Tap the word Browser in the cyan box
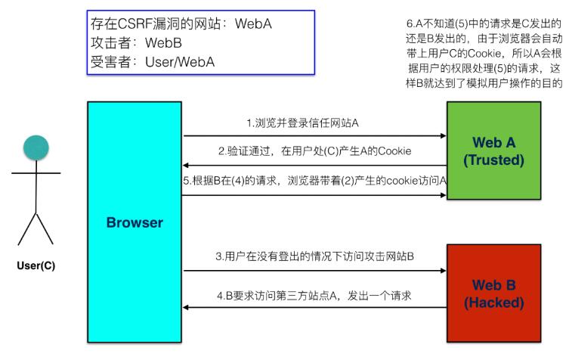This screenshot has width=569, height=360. pos(135,222)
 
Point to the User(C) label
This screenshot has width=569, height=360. pos(36,265)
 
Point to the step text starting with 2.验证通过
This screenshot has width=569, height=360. pos(315,151)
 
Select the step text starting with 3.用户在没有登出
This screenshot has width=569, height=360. pos(315,256)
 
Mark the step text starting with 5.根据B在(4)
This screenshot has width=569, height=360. pos(315,181)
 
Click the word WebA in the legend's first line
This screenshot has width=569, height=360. pos(252,23)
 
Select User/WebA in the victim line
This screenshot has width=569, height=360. pos(180,62)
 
